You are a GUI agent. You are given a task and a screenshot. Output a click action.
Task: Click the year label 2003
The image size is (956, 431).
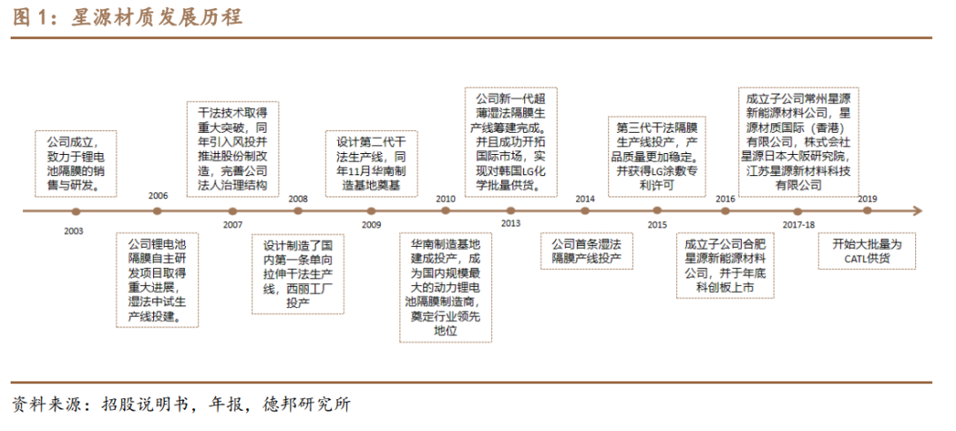tap(73, 230)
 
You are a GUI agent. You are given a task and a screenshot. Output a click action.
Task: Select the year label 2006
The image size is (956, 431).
tap(158, 196)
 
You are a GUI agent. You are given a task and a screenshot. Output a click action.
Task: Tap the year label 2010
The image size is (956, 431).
tap(445, 198)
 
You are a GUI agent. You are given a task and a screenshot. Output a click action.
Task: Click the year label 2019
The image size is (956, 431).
tap(867, 198)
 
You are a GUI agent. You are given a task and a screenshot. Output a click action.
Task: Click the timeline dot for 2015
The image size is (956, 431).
tap(656, 211)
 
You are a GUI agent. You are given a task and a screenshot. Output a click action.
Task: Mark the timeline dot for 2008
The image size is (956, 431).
tap(298, 211)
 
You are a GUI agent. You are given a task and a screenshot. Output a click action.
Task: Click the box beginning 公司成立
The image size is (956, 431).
tap(75, 164)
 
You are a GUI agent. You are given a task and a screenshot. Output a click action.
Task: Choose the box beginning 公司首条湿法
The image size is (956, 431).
tap(586, 250)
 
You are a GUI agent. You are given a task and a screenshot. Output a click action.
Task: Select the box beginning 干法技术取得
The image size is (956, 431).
tap(232, 148)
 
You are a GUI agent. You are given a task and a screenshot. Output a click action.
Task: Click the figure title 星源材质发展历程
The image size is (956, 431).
tap(156, 18)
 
